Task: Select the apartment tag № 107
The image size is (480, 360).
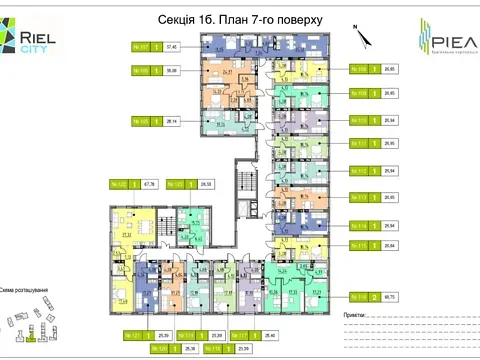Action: click(140, 46)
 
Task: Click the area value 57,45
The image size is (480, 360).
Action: click(171, 46)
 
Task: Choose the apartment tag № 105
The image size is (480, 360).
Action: click(140, 121)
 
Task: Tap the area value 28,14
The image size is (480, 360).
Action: click(171, 121)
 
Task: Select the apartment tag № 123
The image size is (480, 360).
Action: click(173, 184)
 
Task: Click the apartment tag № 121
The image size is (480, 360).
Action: click(132, 334)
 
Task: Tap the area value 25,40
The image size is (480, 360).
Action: click(268, 334)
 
